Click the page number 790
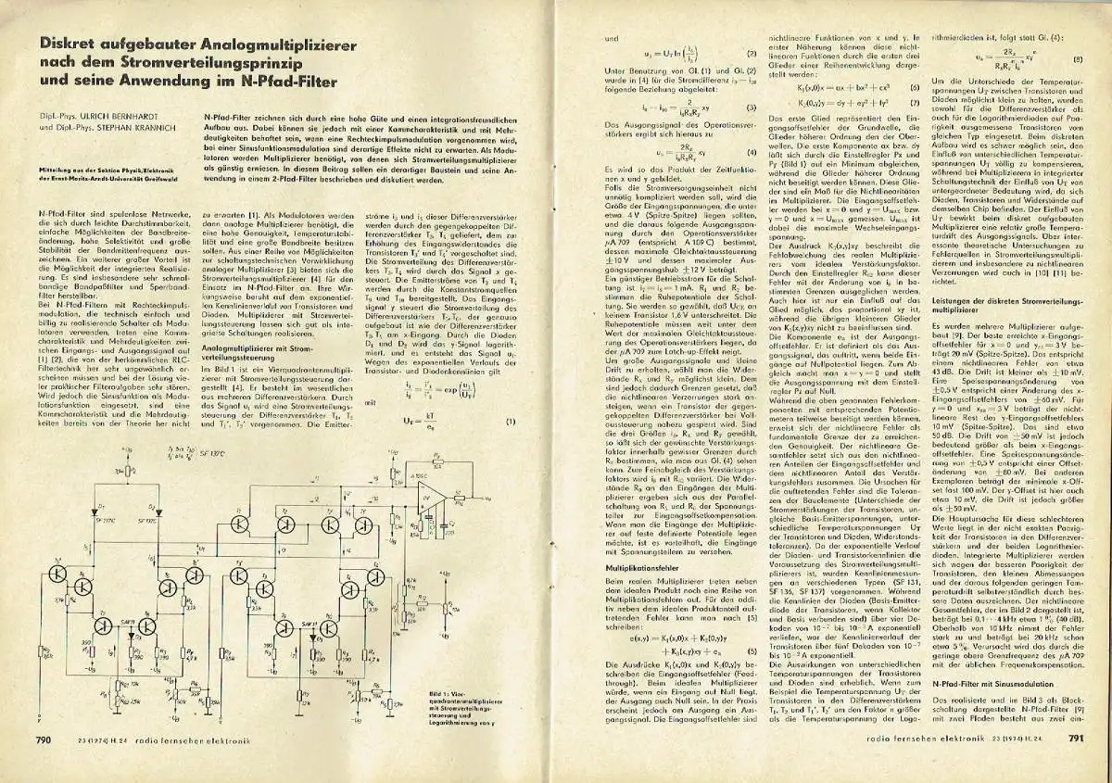[44, 739]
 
